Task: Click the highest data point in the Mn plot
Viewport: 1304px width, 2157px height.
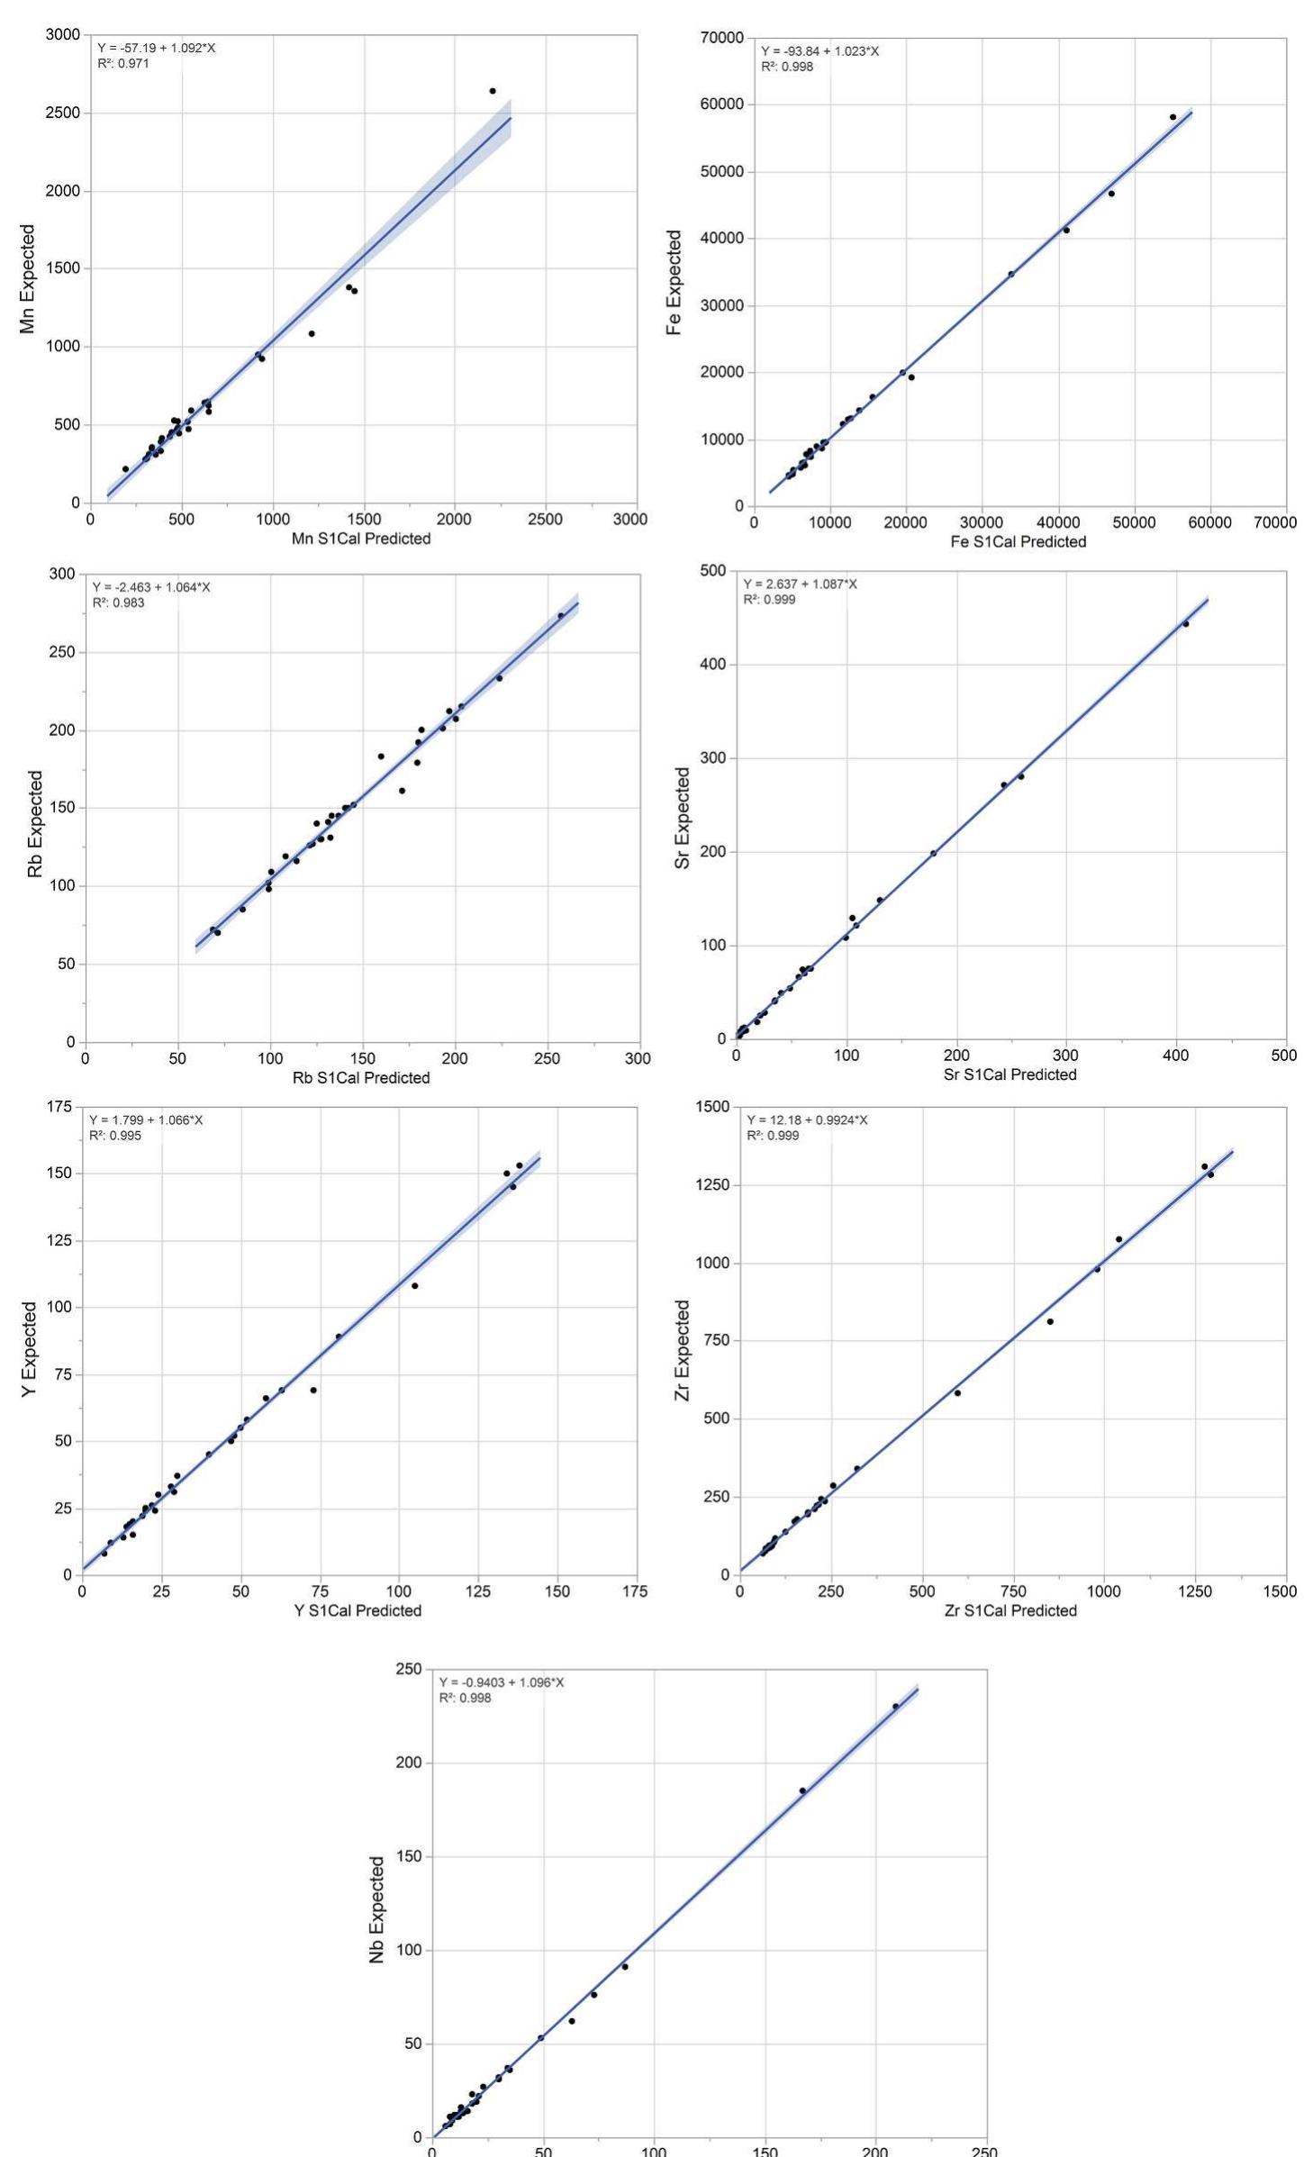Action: pos(493,91)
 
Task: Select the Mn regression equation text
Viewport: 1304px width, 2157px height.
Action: pos(156,48)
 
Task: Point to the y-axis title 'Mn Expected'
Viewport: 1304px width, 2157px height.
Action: pos(28,279)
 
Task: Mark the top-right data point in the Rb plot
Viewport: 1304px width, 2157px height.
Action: pos(560,616)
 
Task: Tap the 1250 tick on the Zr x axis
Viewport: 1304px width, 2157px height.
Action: pos(1195,1591)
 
